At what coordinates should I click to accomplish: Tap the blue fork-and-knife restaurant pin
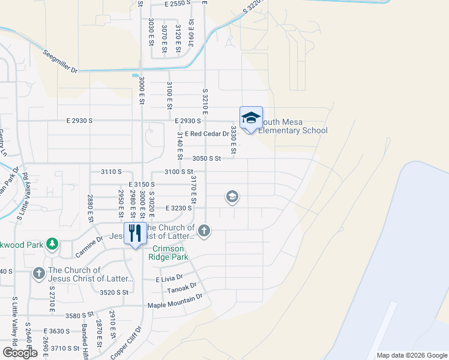tap(135, 233)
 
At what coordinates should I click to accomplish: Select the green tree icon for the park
tap(52, 243)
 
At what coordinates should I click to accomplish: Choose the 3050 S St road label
tap(207, 158)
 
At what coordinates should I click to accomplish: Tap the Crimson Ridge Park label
tap(170, 253)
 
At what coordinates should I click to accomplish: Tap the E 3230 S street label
tap(178, 208)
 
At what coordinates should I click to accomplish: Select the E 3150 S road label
tap(142, 184)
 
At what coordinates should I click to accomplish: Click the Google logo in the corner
tap(20, 353)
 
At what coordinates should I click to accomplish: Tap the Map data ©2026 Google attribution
tap(411, 355)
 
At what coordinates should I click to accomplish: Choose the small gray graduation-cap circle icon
tap(232, 196)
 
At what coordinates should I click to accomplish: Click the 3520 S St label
tap(114, 292)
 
